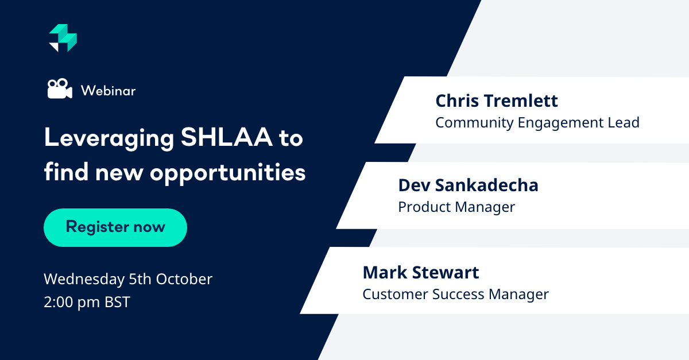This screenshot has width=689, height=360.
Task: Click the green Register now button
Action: click(115, 227)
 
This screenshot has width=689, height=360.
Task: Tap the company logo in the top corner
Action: click(63, 38)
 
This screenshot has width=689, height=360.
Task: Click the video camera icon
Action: click(59, 90)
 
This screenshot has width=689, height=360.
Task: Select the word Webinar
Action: click(108, 91)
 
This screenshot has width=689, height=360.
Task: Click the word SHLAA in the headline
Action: click(218, 139)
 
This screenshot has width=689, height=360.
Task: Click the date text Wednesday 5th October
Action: click(128, 279)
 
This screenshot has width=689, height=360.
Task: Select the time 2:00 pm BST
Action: click(87, 302)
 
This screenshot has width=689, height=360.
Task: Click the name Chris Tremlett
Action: click(497, 101)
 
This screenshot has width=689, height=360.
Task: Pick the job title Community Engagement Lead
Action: click(537, 122)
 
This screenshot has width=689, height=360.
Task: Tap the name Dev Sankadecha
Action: click(468, 185)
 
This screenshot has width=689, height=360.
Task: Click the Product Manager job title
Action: click(456, 207)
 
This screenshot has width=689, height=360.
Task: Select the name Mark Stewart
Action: click(421, 272)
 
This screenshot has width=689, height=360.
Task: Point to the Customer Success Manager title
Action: click(455, 294)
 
